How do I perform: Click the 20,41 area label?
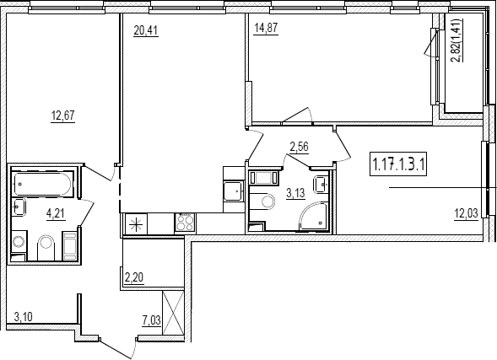pos(146,30)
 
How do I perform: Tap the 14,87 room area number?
pos(266,28)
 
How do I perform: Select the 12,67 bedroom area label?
pos(63,116)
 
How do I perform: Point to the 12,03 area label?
pos(466,214)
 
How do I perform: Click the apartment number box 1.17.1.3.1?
pos(398,164)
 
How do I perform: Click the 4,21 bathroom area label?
pos(56,213)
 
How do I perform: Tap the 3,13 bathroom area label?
pos(295,193)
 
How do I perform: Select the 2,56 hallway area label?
pos(300,148)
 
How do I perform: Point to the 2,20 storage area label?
pos(134,277)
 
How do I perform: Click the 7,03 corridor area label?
pos(152,321)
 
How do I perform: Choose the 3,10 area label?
pos(23,316)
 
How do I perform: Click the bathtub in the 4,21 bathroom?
pos(42,184)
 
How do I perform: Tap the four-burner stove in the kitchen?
pos(185,223)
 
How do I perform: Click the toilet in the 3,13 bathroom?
pos(263,201)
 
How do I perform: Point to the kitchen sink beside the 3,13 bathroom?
pos(234,191)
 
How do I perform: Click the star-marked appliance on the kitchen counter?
pos(137,224)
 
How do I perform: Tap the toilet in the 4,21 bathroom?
pos(46,248)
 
